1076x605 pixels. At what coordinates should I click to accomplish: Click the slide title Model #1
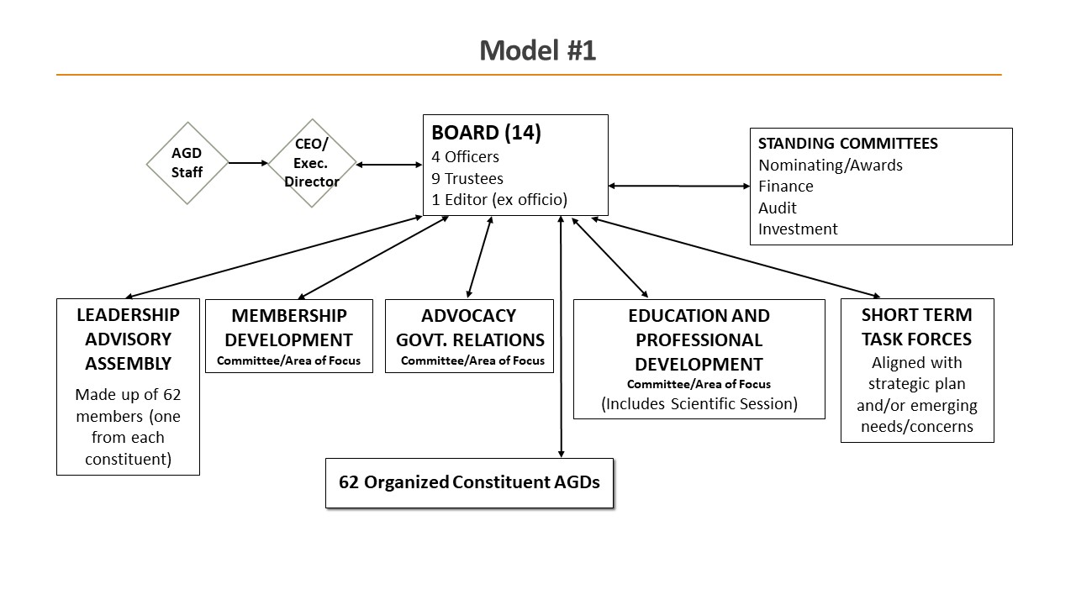(537, 50)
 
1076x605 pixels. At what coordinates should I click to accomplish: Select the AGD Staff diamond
(187, 163)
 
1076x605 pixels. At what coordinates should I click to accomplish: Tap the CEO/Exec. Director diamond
(311, 163)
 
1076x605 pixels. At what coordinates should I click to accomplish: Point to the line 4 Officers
(465, 156)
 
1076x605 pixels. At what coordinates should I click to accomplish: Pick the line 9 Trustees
(467, 178)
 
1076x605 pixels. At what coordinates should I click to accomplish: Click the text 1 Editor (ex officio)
(499, 200)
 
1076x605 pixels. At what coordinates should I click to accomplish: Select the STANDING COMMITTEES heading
(847, 143)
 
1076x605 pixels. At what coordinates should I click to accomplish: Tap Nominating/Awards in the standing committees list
(830, 165)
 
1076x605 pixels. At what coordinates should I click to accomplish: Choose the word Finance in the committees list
(785, 186)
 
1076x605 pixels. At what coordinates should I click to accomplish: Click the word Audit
(777, 208)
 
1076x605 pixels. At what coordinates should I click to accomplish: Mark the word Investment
(797, 229)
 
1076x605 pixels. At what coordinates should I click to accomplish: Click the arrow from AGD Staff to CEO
(248, 163)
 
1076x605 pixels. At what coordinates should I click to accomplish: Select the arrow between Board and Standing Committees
(678, 186)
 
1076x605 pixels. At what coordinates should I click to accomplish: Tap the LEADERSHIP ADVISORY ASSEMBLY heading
(128, 339)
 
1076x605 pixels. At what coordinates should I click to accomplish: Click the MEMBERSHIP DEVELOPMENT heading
(288, 328)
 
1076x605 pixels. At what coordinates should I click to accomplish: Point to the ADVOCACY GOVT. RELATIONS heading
(469, 328)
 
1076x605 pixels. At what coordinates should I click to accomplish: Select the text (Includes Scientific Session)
(699, 403)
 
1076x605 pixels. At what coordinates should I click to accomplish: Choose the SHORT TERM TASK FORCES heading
(916, 327)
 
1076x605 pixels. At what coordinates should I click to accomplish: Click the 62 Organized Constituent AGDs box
(469, 482)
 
